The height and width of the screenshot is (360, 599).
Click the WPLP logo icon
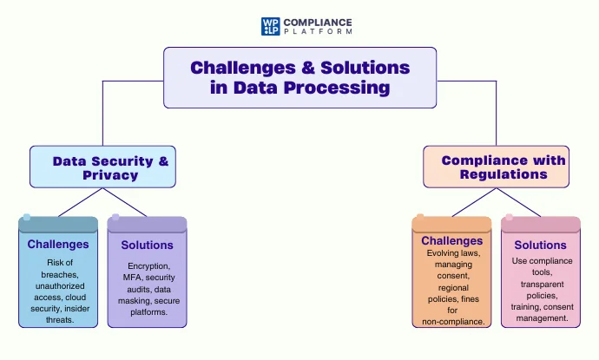coord(269,25)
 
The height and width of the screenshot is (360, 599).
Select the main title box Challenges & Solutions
coord(299,77)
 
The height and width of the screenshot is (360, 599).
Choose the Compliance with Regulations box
coord(496,167)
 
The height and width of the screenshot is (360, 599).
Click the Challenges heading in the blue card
coord(58,244)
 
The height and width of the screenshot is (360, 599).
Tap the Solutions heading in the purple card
coord(147,245)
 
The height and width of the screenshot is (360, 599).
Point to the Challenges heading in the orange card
coord(451,240)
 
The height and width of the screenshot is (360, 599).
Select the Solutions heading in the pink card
coord(540,245)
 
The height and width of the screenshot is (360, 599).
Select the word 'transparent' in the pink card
coord(541,284)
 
